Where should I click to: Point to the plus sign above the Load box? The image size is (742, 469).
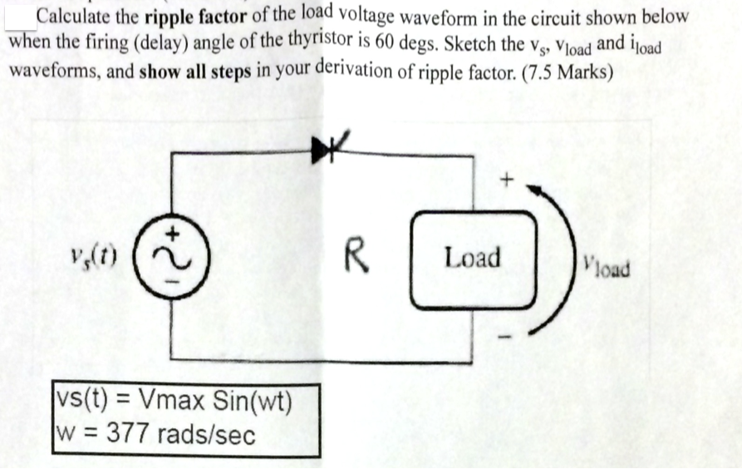tap(509, 177)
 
